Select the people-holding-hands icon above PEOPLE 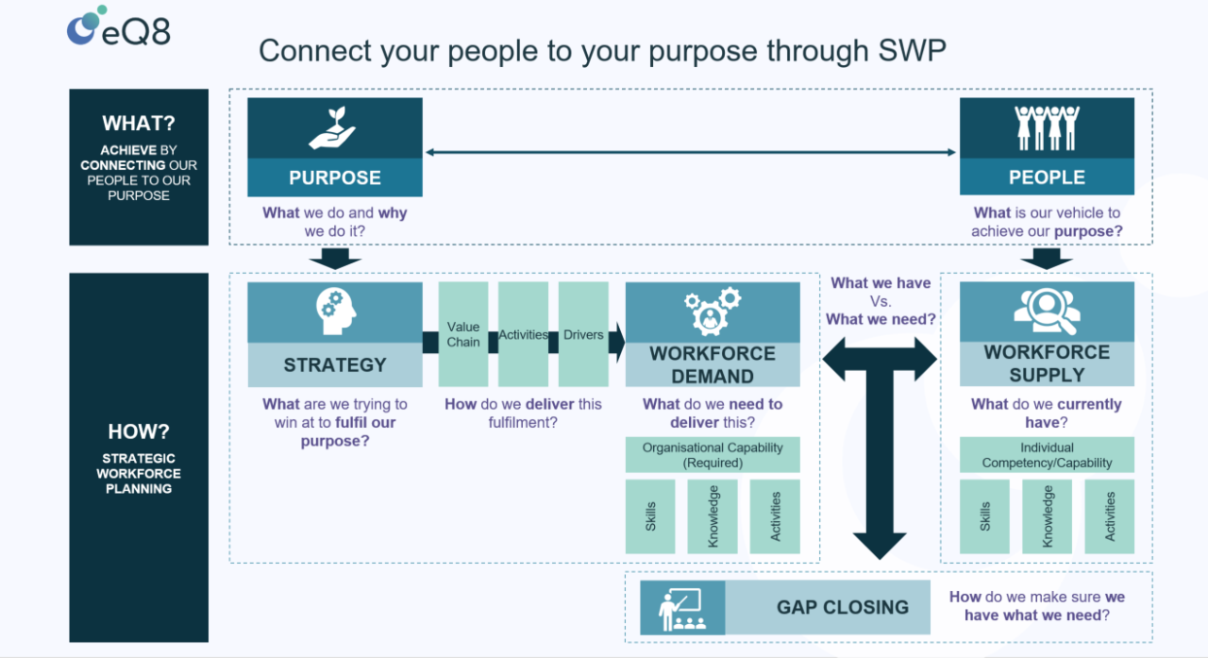[x=1047, y=128]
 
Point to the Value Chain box [x=463, y=334]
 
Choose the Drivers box [x=583, y=334]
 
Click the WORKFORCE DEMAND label [x=713, y=364]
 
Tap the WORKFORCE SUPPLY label [x=1047, y=363]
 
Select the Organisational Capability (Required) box [x=713, y=455]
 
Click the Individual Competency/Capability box [x=1047, y=455]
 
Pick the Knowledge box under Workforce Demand [x=713, y=516]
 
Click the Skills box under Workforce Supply [x=984, y=516]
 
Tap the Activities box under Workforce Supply [x=1109, y=516]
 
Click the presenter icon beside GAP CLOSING [x=682, y=608]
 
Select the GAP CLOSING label [x=842, y=608]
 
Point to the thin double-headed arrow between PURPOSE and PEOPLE [x=691, y=152]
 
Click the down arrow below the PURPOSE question [x=334, y=258]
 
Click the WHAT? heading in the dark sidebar [x=139, y=124]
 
